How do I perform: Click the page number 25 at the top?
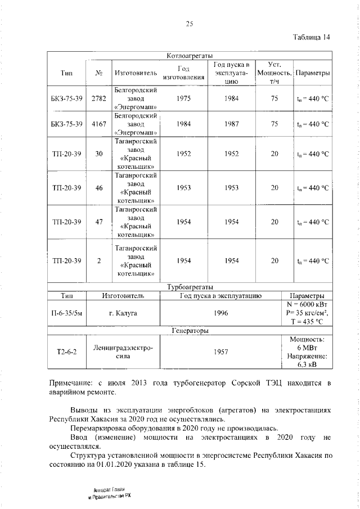click(x=190, y=24)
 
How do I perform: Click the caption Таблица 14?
click(x=311, y=38)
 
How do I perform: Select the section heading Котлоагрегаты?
click(x=189, y=56)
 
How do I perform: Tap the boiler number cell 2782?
click(x=98, y=98)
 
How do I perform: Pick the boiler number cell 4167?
click(x=98, y=124)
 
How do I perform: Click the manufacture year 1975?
click(x=183, y=98)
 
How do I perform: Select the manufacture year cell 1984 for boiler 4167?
click(x=183, y=124)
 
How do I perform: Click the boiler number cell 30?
click(x=98, y=154)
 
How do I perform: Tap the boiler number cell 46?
click(x=98, y=188)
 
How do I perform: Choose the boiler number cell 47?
click(x=98, y=222)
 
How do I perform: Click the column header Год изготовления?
click(x=183, y=73)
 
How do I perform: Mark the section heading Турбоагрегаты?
click(x=189, y=287)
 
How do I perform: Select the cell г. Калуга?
click(x=124, y=313)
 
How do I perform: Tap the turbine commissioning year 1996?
click(x=221, y=313)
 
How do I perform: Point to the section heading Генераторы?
click(x=189, y=331)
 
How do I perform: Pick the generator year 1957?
click(x=221, y=352)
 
